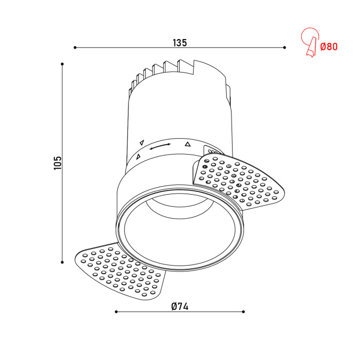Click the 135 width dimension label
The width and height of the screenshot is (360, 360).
(x=180, y=43)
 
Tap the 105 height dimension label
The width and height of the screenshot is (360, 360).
(x=58, y=163)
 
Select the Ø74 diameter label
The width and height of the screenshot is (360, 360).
(x=180, y=307)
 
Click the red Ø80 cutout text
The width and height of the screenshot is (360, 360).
(x=329, y=47)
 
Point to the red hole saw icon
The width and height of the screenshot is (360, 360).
(x=310, y=42)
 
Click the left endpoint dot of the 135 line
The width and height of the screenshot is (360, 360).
(x=75, y=47)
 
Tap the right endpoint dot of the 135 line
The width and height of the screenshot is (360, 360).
(x=284, y=47)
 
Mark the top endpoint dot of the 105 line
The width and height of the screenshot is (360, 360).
(x=62, y=64)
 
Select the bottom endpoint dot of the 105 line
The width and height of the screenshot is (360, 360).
(x=62, y=262)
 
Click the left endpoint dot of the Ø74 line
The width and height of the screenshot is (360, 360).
(x=116, y=311)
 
